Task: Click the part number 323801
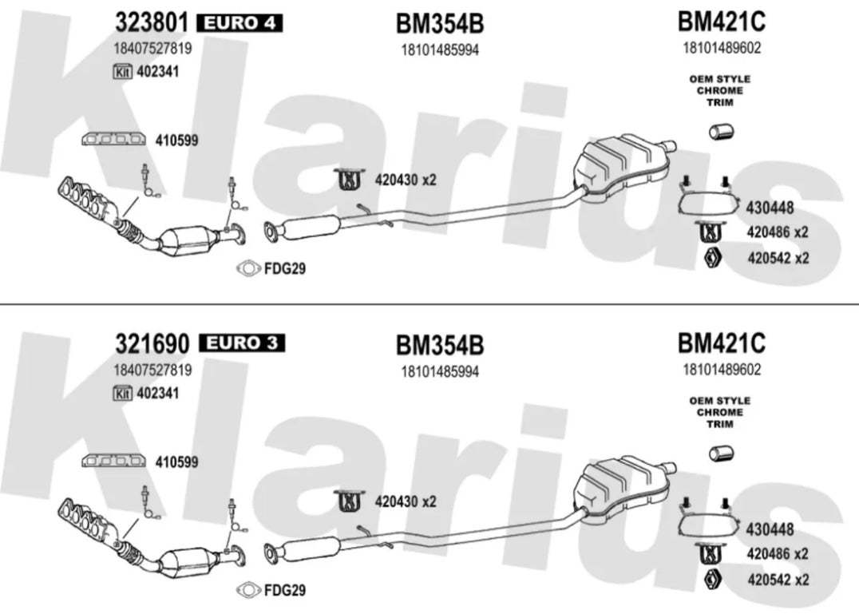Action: (x=152, y=22)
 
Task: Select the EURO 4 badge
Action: (x=240, y=23)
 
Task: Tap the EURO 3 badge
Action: (x=240, y=344)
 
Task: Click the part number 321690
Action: (x=152, y=344)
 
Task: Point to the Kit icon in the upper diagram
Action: (x=122, y=71)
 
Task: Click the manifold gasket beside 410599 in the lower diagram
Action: (x=113, y=462)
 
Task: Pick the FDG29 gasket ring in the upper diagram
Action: (x=248, y=269)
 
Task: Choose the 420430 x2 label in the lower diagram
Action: (x=405, y=502)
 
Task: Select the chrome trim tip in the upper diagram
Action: (x=722, y=131)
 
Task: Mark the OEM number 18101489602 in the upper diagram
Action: (x=721, y=47)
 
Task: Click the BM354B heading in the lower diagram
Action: (x=440, y=346)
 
